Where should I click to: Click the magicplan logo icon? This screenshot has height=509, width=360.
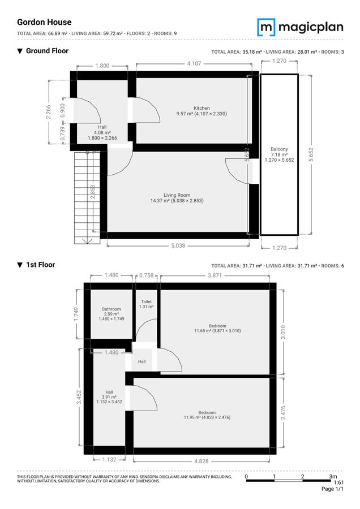pyautogui.click(x=267, y=27)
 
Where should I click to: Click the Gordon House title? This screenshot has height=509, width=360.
pyautogui.click(x=44, y=23)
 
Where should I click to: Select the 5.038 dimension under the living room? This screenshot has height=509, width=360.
pyautogui.click(x=177, y=245)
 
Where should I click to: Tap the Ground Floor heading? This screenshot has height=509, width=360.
pyautogui.click(x=47, y=51)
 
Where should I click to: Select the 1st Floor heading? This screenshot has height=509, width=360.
pyautogui.click(x=40, y=265)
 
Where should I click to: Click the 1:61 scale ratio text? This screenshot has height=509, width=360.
pyautogui.click(x=338, y=482)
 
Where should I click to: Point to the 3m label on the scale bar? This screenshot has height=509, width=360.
pyautogui.click(x=333, y=476)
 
